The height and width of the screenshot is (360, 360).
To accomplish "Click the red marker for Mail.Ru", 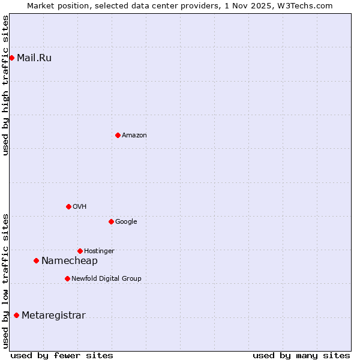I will click(11, 58).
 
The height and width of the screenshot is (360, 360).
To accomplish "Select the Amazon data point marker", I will click(118, 135).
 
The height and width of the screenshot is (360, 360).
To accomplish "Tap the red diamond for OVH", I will click(68, 206).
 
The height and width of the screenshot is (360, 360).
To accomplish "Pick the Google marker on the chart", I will click(111, 221).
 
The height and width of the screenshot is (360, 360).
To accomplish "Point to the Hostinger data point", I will click(80, 251).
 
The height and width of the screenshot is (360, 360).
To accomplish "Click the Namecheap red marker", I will click(36, 260).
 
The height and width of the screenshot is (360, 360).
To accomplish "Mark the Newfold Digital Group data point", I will click(67, 278).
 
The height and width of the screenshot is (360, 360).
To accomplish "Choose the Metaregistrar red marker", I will click(16, 315).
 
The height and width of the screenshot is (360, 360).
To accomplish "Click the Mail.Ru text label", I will click(34, 58).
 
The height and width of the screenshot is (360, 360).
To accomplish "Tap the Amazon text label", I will click(134, 136).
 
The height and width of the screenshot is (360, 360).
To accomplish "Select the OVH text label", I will click(80, 207).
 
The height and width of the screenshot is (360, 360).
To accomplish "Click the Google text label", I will click(126, 222).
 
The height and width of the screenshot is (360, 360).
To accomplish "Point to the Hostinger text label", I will click(99, 251).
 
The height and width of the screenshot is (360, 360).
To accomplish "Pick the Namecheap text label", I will click(69, 261).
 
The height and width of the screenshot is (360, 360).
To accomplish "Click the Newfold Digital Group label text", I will click(106, 278).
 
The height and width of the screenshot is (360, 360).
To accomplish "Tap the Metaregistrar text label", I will click(53, 316).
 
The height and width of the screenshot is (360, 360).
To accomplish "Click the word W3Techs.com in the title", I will click(309, 5).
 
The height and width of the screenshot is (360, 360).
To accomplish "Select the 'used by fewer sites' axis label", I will click(62, 355).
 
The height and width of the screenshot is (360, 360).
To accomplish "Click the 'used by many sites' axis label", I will click(301, 355).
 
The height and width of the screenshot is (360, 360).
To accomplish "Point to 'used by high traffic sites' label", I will click(5, 85).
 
